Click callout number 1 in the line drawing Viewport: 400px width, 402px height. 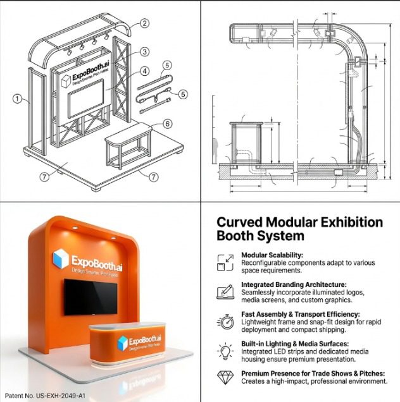coord(18,99)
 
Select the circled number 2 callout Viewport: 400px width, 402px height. coord(145,23)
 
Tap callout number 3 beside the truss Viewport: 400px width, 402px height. coord(145,52)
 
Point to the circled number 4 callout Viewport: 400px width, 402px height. coord(145,71)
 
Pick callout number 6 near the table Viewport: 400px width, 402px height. coord(167,125)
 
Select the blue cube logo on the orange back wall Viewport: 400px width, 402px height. coord(60,259)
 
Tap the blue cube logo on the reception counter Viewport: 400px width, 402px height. coord(122,343)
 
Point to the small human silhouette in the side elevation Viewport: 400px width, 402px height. coord(215,150)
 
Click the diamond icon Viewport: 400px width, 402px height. coord(225,377)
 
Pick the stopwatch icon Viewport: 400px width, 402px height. coord(225,320)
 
